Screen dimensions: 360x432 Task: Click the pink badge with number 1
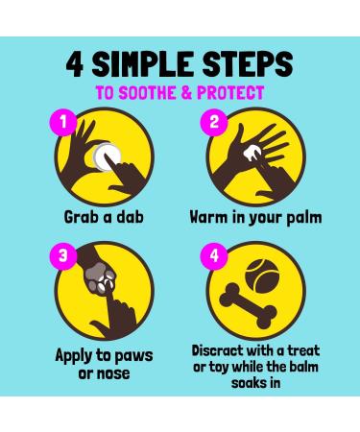(63, 122)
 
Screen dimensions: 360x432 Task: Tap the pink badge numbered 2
(214, 122)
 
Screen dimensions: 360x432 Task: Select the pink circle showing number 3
(63, 255)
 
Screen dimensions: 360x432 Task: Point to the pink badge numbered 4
(214, 255)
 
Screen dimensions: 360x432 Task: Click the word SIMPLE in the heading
(143, 64)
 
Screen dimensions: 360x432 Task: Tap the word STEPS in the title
(248, 64)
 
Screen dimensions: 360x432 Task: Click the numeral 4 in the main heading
(75, 64)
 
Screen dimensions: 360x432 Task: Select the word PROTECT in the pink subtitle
(230, 93)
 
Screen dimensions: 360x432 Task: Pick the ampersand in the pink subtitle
(186, 93)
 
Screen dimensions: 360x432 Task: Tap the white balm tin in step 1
(107, 156)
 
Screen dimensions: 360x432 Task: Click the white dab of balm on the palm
(252, 153)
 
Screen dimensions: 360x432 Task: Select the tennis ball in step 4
(262, 276)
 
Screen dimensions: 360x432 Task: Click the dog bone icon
(248, 306)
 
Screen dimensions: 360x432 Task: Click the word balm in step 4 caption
(304, 367)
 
